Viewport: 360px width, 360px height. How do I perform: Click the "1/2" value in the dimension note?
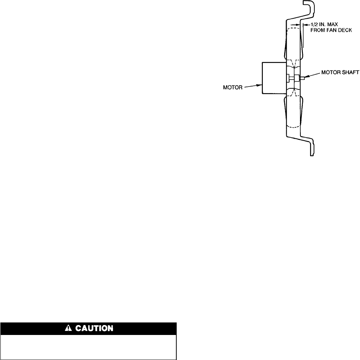tap(311, 25)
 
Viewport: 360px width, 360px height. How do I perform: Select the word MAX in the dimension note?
tap(330, 25)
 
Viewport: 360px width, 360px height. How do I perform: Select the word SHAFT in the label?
tap(349, 77)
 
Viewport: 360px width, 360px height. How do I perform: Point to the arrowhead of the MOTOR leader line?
tap(260, 85)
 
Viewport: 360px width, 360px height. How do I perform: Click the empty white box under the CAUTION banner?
tap(89, 346)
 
